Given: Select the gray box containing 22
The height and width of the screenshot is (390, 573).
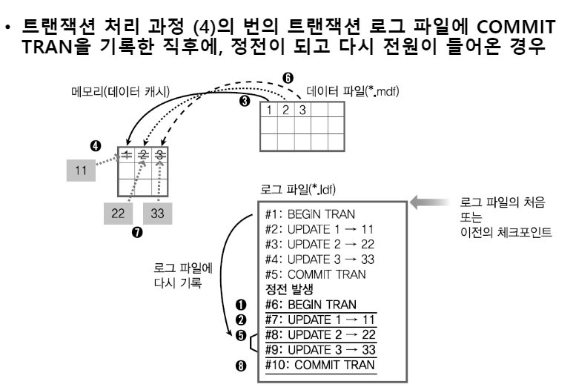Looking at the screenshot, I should point(116,211).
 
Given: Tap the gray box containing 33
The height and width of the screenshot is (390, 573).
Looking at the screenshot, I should point(157,211).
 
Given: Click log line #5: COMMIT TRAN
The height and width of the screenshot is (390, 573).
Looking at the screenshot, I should point(312,274).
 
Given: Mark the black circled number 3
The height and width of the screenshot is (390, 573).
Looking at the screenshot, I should point(243,102).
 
